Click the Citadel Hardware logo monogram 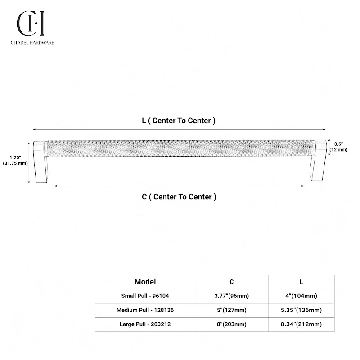click(31, 23)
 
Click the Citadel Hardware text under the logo click(32, 42)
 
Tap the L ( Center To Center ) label click(179, 121)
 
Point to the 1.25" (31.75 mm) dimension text click(15, 161)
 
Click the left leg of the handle click(40, 162)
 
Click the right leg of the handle click(319, 160)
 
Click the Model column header click(145, 282)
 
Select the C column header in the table click(232, 282)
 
